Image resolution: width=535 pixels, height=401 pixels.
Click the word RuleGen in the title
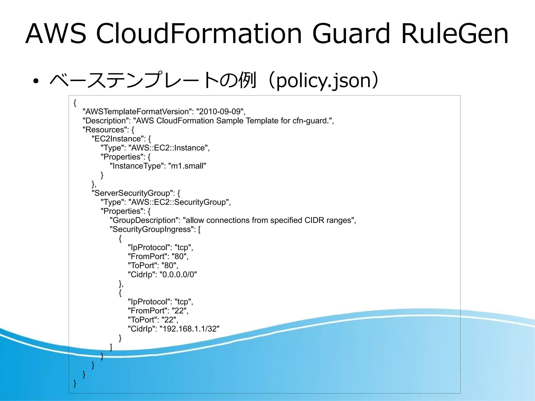454,34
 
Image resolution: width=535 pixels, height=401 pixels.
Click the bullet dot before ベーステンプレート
36,81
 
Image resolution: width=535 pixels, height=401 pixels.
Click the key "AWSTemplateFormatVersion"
137,112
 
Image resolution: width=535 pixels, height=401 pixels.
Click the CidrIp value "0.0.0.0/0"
178,275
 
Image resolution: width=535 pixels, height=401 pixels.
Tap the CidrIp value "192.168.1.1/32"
189,329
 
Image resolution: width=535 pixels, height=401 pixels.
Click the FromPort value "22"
179,311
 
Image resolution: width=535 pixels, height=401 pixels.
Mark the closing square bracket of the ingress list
111,347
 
